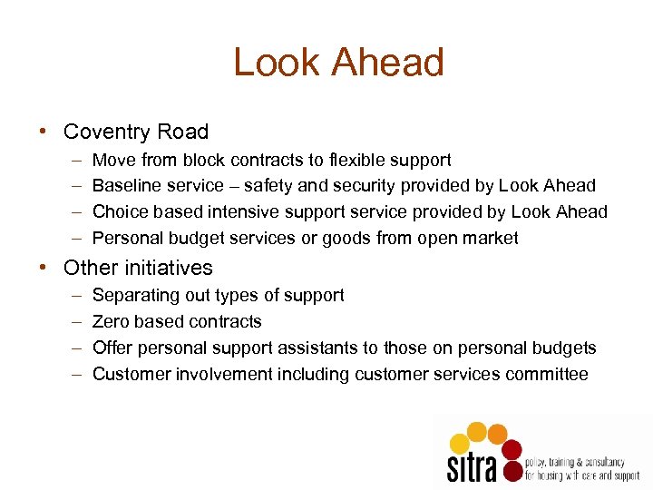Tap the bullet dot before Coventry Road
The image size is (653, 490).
pos(43,132)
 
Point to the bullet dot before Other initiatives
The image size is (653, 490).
pos(43,268)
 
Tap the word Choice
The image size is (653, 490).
pos(120,212)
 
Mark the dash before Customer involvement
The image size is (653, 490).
pos(72,375)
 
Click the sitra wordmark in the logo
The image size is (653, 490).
pos(472,466)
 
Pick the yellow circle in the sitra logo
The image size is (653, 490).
pos(460,443)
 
